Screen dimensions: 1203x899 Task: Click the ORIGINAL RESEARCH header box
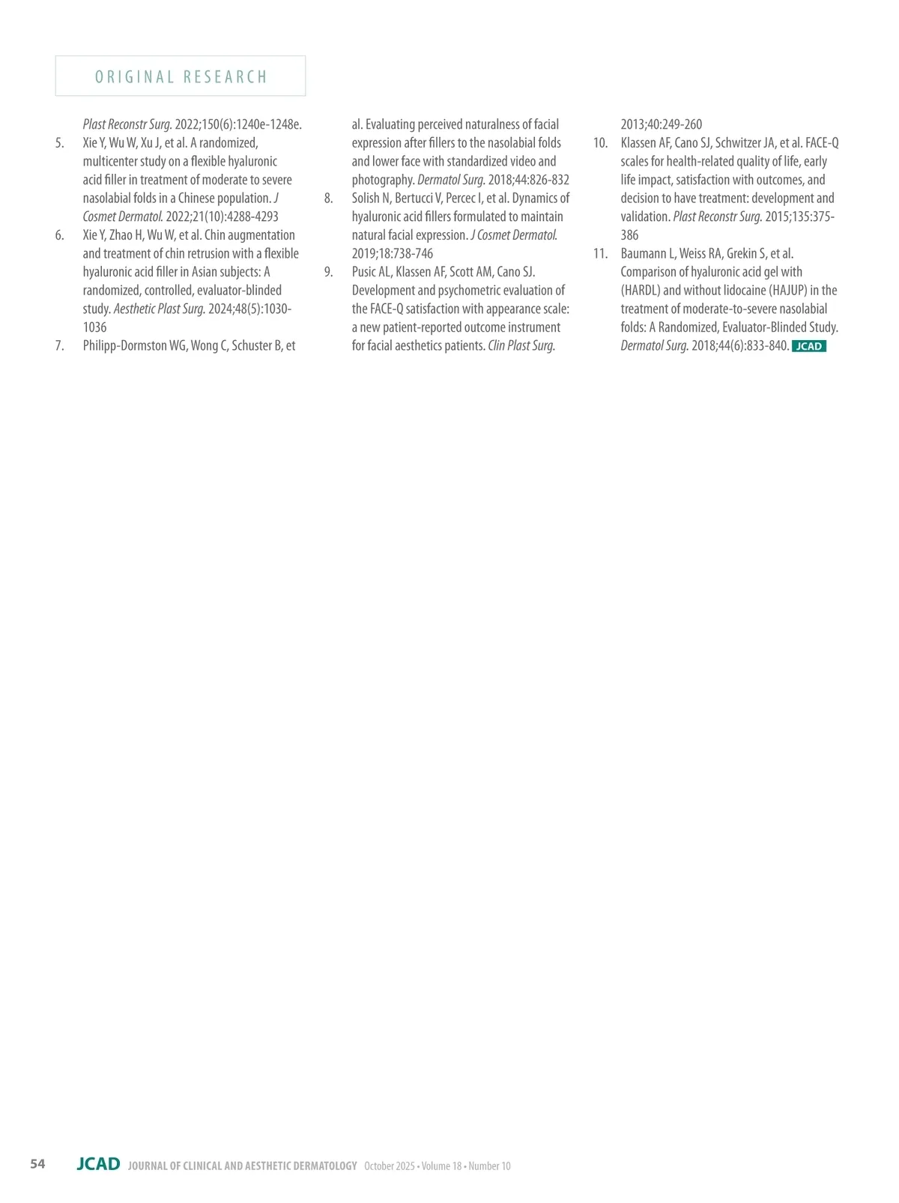click(x=181, y=76)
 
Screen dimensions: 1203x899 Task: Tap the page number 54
click(x=37, y=1163)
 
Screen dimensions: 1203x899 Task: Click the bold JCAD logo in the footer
click(x=98, y=1164)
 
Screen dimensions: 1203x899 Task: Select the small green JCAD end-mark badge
click(x=808, y=346)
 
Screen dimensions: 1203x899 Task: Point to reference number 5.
click(x=59, y=143)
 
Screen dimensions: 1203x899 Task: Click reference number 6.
click(x=59, y=235)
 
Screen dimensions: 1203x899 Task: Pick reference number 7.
click(x=59, y=346)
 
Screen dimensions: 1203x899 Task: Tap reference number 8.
click(x=328, y=199)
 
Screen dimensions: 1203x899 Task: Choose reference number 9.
click(x=328, y=272)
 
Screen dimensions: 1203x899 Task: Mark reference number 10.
click(x=600, y=143)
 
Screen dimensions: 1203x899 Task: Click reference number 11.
click(x=600, y=254)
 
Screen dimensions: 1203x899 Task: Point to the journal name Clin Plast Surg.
click(x=521, y=346)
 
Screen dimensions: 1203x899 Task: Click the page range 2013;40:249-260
click(x=661, y=124)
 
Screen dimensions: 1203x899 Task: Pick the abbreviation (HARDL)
click(x=641, y=291)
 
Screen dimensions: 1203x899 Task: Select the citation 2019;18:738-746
click(x=392, y=254)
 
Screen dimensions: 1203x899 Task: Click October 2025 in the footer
click(x=389, y=1166)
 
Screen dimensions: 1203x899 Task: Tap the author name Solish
click(x=366, y=199)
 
